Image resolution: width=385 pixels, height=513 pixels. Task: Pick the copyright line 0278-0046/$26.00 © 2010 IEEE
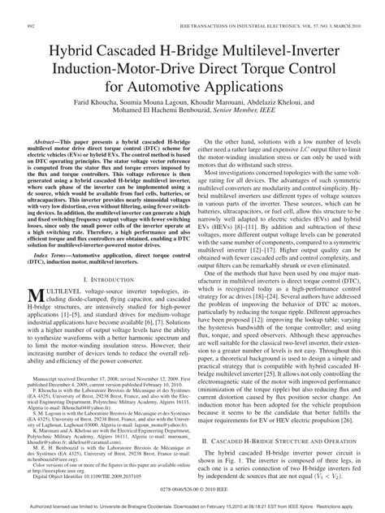[192, 490]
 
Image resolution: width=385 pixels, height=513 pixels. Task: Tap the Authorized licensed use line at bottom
[192, 506]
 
